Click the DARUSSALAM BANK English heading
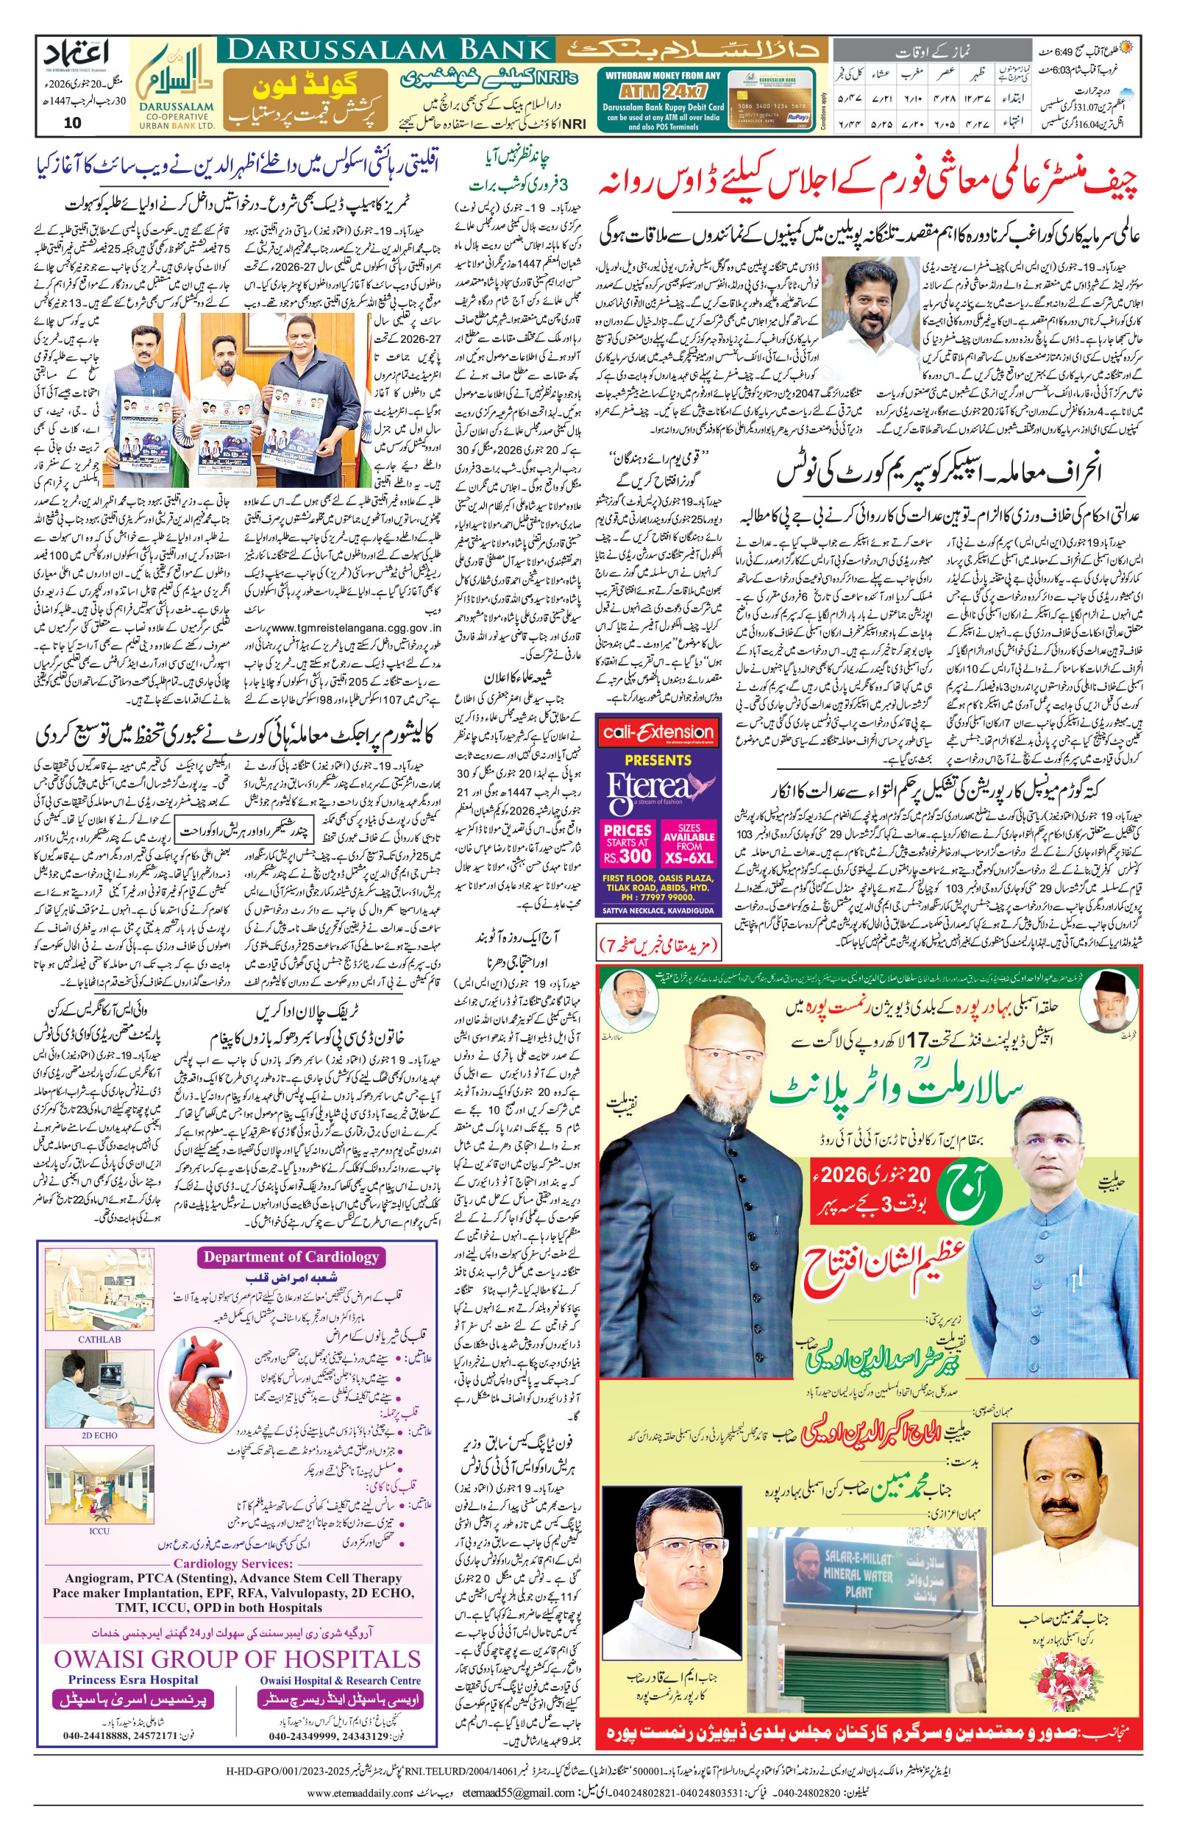tap(390, 51)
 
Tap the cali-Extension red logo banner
tap(658, 732)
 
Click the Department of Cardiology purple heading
tap(291, 1257)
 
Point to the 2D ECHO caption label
tap(99, 1435)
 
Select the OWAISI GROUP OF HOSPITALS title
tap(237, 1658)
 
